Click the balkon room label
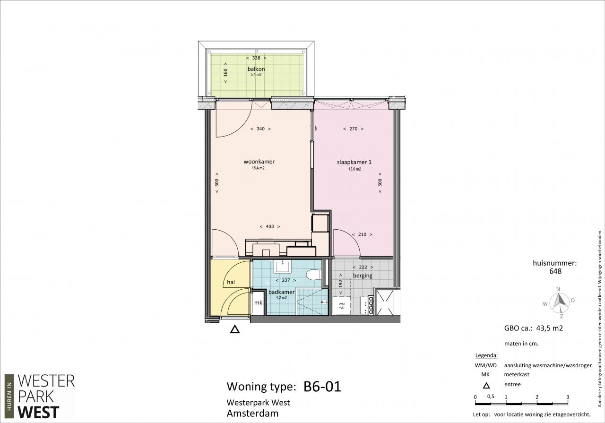256,69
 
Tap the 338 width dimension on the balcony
256,58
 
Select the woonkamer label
259,162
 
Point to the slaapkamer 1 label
354,162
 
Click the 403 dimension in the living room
270,226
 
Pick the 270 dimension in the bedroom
353,129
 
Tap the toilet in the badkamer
313,275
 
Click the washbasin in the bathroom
282,267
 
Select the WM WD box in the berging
342,306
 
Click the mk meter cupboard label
258,302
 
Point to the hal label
231,282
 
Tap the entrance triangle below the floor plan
235,329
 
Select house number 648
555,271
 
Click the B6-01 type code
322,387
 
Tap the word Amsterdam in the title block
252,414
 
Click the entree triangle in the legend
486,386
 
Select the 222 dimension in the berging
363,267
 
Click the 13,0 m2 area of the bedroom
354,169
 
